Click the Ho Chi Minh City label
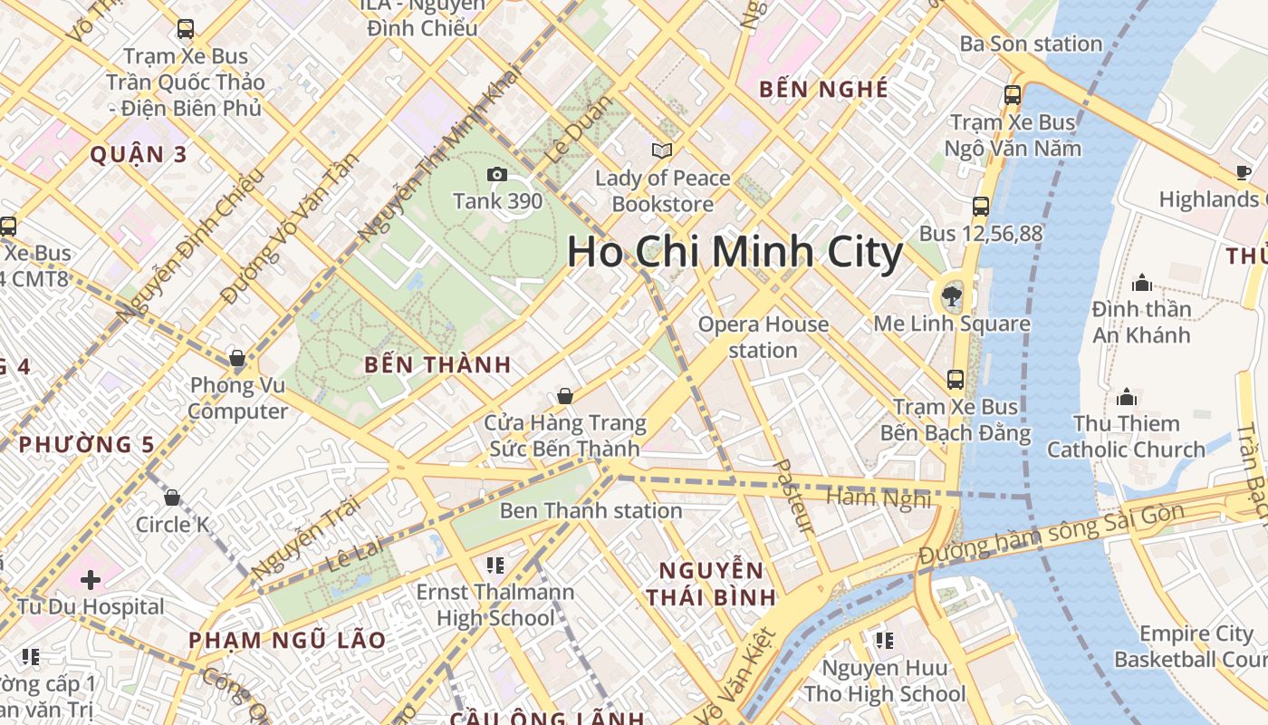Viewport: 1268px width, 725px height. pyautogui.click(x=735, y=252)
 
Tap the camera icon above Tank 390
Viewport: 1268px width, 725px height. pyautogui.click(x=496, y=175)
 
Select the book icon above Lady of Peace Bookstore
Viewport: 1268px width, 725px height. pyautogui.click(x=662, y=151)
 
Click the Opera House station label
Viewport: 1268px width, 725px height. pyautogui.click(x=763, y=337)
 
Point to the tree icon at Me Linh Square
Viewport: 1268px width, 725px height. pyautogui.click(x=951, y=295)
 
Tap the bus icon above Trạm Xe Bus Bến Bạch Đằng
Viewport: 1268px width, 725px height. pyautogui.click(x=956, y=380)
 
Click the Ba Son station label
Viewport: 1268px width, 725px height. pyautogui.click(x=1031, y=43)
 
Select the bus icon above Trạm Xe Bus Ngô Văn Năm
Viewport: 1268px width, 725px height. pyautogui.click(x=1013, y=94)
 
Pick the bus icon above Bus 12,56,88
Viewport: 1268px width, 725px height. pyautogui.click(x=981, y=207)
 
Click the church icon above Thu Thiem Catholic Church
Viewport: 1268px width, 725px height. pyautogui.click(x=1127, y=397)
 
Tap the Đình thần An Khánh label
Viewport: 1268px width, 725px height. pyautogui.click(x=1141, y=322)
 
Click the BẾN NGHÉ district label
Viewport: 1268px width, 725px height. pyautogui.click(x=823, y=89)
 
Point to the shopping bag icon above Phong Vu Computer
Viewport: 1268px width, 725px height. pyautogui.click(x=237, y=359)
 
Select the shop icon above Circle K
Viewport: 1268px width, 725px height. pyautogui.click(x=172, y=498)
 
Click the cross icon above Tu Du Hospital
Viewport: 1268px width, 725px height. pyautogui.click(x=90, y=579)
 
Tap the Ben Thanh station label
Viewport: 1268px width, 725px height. pyautogui.click(x=591, y=510)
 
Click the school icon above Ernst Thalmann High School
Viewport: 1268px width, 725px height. pyautogui.click(x=495, y=565)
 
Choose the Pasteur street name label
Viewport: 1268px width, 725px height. pyautogui.click(x=795, y=495)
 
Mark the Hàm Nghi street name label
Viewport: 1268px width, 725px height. pyautogui.click(x=879, y=498)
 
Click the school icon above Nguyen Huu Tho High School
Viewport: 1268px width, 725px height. pyautogui.click(x=884, y=642)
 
